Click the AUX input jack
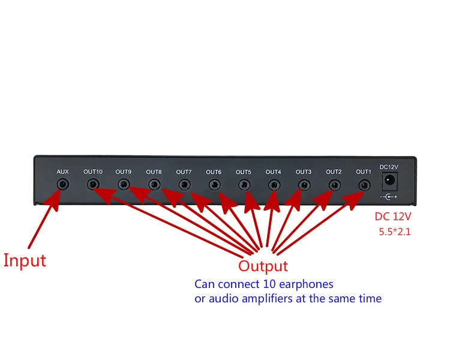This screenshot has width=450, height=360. click(63, 184)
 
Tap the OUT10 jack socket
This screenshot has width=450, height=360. click(93, 184)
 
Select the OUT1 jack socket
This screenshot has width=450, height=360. click(364, 185)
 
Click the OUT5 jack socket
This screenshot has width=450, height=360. click(244, 185)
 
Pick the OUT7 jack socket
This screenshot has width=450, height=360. click(185, 185)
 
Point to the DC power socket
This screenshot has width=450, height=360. click(389, 181)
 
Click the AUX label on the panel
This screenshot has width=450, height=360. click(62, 172)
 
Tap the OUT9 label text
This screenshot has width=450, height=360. click(124, 172)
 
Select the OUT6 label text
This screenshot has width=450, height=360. click(214, 172)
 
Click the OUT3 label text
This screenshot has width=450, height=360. click(304, 172)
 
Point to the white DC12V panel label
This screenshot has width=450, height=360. click(389, 167)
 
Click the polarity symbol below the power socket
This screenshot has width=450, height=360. click(389, 197)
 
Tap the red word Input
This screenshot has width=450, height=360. click(25, 260)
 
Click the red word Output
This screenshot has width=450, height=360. click(263, 266)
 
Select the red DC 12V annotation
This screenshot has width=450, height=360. click(393, 217)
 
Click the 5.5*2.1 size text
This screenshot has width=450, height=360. click(395, 232)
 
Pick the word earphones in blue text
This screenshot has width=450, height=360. click(306, 284)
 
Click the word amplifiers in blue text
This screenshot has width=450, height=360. click(267, 299)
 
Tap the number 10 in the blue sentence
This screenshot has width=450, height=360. click(269, 284)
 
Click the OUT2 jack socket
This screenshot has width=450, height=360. click(335, 185)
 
